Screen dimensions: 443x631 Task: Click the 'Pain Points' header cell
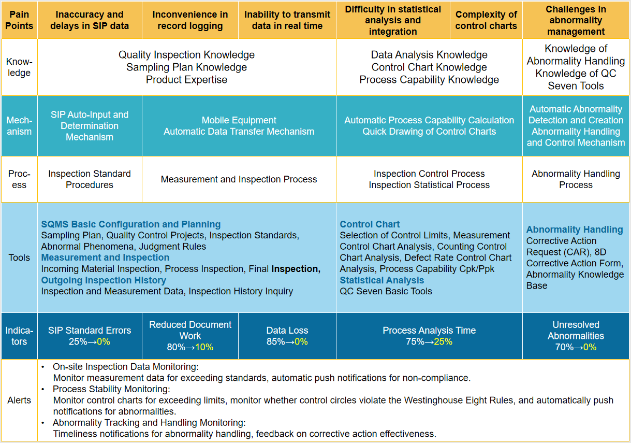tap(19, 20)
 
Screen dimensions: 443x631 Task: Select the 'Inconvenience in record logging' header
tap(189, 20)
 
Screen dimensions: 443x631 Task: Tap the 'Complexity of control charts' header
tap(486, 20)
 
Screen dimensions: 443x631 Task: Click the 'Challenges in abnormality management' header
tap(576, 20)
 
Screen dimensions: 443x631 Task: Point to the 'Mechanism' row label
tap(19, 126)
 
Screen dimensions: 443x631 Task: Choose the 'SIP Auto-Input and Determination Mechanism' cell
tap(90, 126)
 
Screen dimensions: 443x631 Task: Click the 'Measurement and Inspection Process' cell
tap(239, 179)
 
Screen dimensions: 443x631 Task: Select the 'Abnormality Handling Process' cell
tap(576, 179)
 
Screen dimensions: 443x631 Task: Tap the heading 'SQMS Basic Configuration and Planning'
tap(131, 224)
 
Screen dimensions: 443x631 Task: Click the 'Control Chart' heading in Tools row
tap(370, 224)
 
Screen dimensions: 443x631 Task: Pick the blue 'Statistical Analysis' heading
tap(381, 280)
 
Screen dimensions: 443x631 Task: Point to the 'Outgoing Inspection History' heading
tap(104, 280)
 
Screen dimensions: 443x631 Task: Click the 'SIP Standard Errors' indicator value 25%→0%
tap(90, 342)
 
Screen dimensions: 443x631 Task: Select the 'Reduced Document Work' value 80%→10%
tap(190, 347)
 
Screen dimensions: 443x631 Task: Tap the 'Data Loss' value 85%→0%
tap(287, 342)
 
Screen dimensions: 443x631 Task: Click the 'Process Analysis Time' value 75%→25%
tap(429, 342)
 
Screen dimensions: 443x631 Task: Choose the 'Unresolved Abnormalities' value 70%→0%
tap(576, 347)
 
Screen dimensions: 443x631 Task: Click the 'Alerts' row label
tap(19, 400)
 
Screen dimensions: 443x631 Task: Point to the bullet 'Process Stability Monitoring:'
tap(111, 389)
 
